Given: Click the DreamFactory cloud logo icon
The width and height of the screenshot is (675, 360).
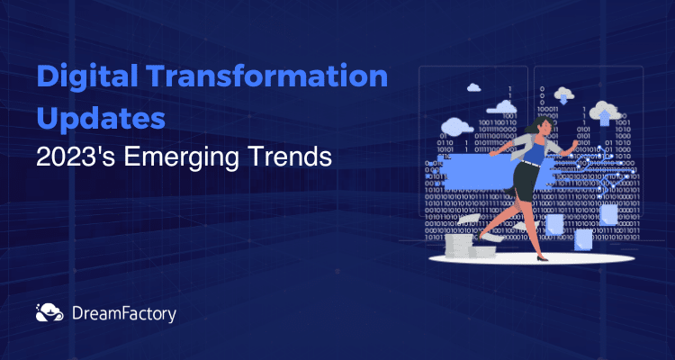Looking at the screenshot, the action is pos(49,312).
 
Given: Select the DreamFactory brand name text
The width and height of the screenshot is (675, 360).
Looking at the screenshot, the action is pos(124,314).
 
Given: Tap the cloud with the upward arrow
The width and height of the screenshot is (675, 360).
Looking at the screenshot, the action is pos(605,112).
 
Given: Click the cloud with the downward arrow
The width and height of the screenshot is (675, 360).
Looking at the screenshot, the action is pos(563,95).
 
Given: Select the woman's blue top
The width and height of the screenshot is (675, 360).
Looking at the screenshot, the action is pos(535,150).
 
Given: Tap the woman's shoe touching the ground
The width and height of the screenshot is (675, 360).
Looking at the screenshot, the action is pos(542,257).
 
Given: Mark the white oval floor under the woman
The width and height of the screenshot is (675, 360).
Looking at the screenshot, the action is pos(532,258).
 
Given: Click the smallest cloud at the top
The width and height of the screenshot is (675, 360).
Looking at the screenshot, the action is pos(473,87).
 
